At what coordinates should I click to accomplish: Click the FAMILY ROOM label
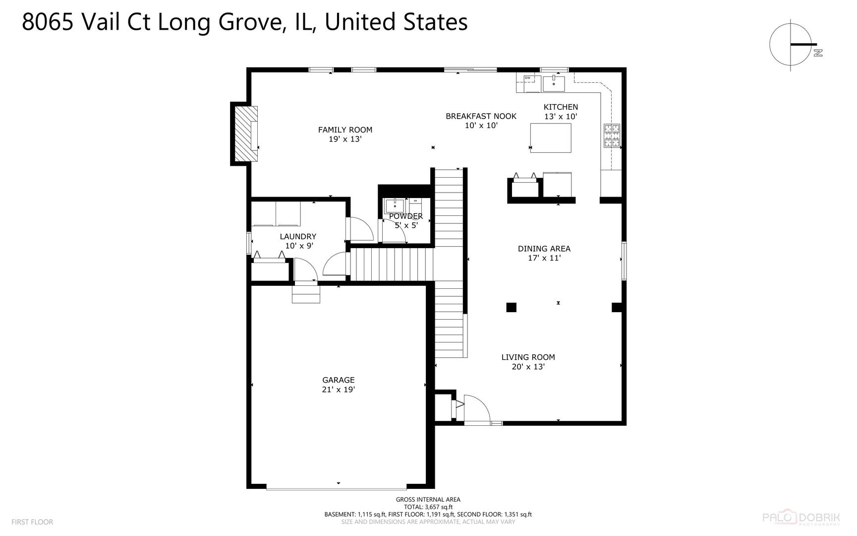345,130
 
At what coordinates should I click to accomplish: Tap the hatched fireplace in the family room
245,134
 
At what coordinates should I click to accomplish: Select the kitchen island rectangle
550,138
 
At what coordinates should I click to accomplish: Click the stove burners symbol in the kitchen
612,136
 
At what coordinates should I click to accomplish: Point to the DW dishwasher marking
527,78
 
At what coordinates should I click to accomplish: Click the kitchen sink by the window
554,83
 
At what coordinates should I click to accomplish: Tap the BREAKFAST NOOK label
481,116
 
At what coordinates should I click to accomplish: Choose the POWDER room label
406,216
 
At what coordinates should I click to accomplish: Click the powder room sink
395,205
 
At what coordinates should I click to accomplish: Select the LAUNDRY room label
298,237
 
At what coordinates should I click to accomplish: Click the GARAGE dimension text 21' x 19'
339,390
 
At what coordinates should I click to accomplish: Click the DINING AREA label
544,249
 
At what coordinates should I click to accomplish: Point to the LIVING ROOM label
528,357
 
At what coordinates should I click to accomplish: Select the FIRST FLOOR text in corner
32,522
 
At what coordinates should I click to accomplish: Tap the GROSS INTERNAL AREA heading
428,499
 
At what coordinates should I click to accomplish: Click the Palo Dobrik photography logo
800,519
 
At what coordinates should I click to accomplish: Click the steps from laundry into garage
306,293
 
